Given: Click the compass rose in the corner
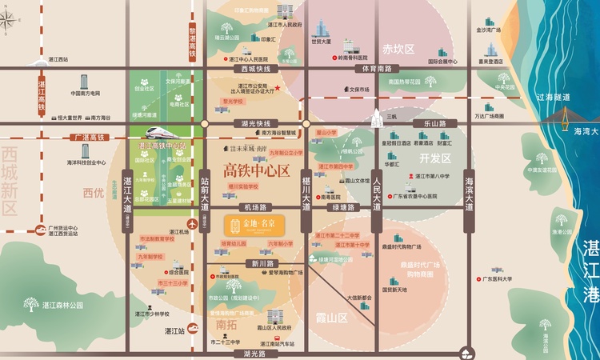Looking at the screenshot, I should pyautogui.click(x=11, y=18).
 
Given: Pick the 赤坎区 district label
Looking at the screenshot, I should pyautogui.click(x=398, y=50).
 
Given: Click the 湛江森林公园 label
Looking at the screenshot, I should pyautogui.click(x=65, y=305).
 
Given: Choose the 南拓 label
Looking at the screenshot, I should pyautogui.click(x=227, y=325).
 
